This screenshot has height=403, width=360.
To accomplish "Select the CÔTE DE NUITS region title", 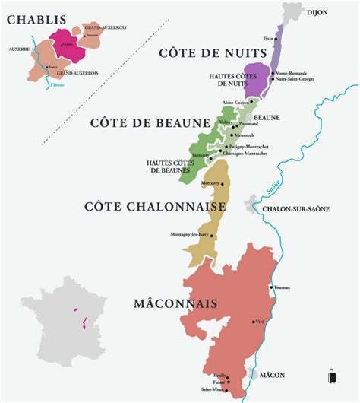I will [213, 52].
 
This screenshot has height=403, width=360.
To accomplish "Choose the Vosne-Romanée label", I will [292, 73].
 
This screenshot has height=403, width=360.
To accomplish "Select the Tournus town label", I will [283, 287].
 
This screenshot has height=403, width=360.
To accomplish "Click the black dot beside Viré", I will [254, 322].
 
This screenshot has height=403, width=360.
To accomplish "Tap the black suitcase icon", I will [331, 376].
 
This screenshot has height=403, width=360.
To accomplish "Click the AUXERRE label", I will [19, 49].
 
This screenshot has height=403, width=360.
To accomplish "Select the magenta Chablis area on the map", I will [65, 43].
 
